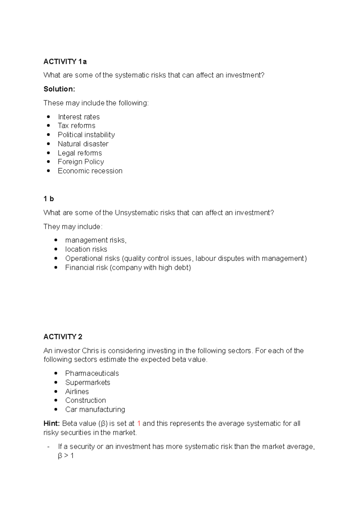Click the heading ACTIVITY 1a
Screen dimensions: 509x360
(x=65, y=62)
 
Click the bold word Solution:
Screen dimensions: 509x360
(x=59, y=89)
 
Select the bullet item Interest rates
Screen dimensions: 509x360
(x=79, y=117)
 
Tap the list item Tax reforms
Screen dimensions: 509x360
(x=76, y=126)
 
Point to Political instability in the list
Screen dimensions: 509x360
(x=86, y=135)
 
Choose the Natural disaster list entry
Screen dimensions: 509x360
(x=83, y=144)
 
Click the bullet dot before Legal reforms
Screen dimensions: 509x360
(x=49, y=153)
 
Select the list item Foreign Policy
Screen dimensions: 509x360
(x=81, y=162)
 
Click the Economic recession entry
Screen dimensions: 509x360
(x=90, y=171)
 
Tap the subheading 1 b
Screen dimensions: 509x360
(x=48, y=199)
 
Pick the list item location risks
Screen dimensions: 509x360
(x=86, y=249)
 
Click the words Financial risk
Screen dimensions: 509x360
(x=86, y=268)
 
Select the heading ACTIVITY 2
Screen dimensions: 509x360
(x=63, y=337)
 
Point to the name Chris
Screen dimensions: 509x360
(x=90, y=351)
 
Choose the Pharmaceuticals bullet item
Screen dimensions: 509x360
(x=92, y=374)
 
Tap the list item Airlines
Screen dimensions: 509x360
(x=77, y=392)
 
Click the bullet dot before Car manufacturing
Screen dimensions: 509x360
(x=56, y=409)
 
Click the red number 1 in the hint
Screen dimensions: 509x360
(x=139, y=424)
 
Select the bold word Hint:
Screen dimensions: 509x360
(x=51, y=424)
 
